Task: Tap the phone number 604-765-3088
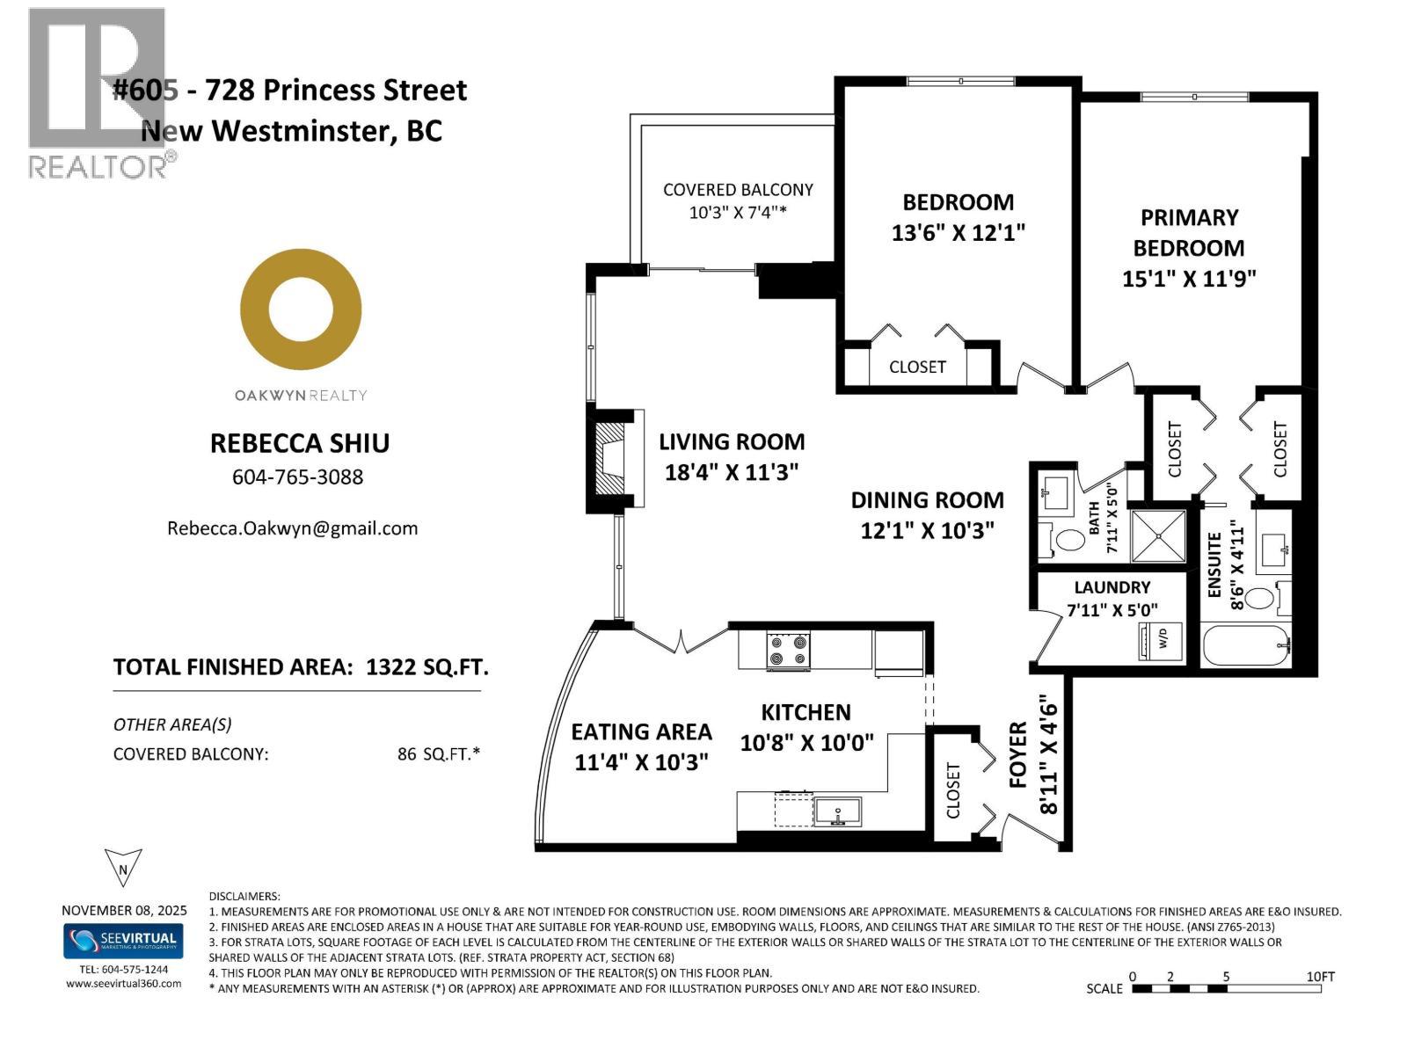coord(297,477)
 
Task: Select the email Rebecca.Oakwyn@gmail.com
coord(292,528)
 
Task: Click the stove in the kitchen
coord(788,651)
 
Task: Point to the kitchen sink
coord(836,811)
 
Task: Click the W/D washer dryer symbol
coord(1160,640)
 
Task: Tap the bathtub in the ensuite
coord(1245,646)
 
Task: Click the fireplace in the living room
coord(613,460)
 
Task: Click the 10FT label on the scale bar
coord(1320,977)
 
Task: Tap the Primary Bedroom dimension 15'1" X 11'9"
coord(1189,279)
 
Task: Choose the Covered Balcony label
coord(738,190)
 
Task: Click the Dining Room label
coord(927,500)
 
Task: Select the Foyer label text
coord(1018,754)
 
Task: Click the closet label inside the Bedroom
coord(917,367)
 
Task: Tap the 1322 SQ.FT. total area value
coord(426,667)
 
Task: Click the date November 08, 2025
coord(124,911)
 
